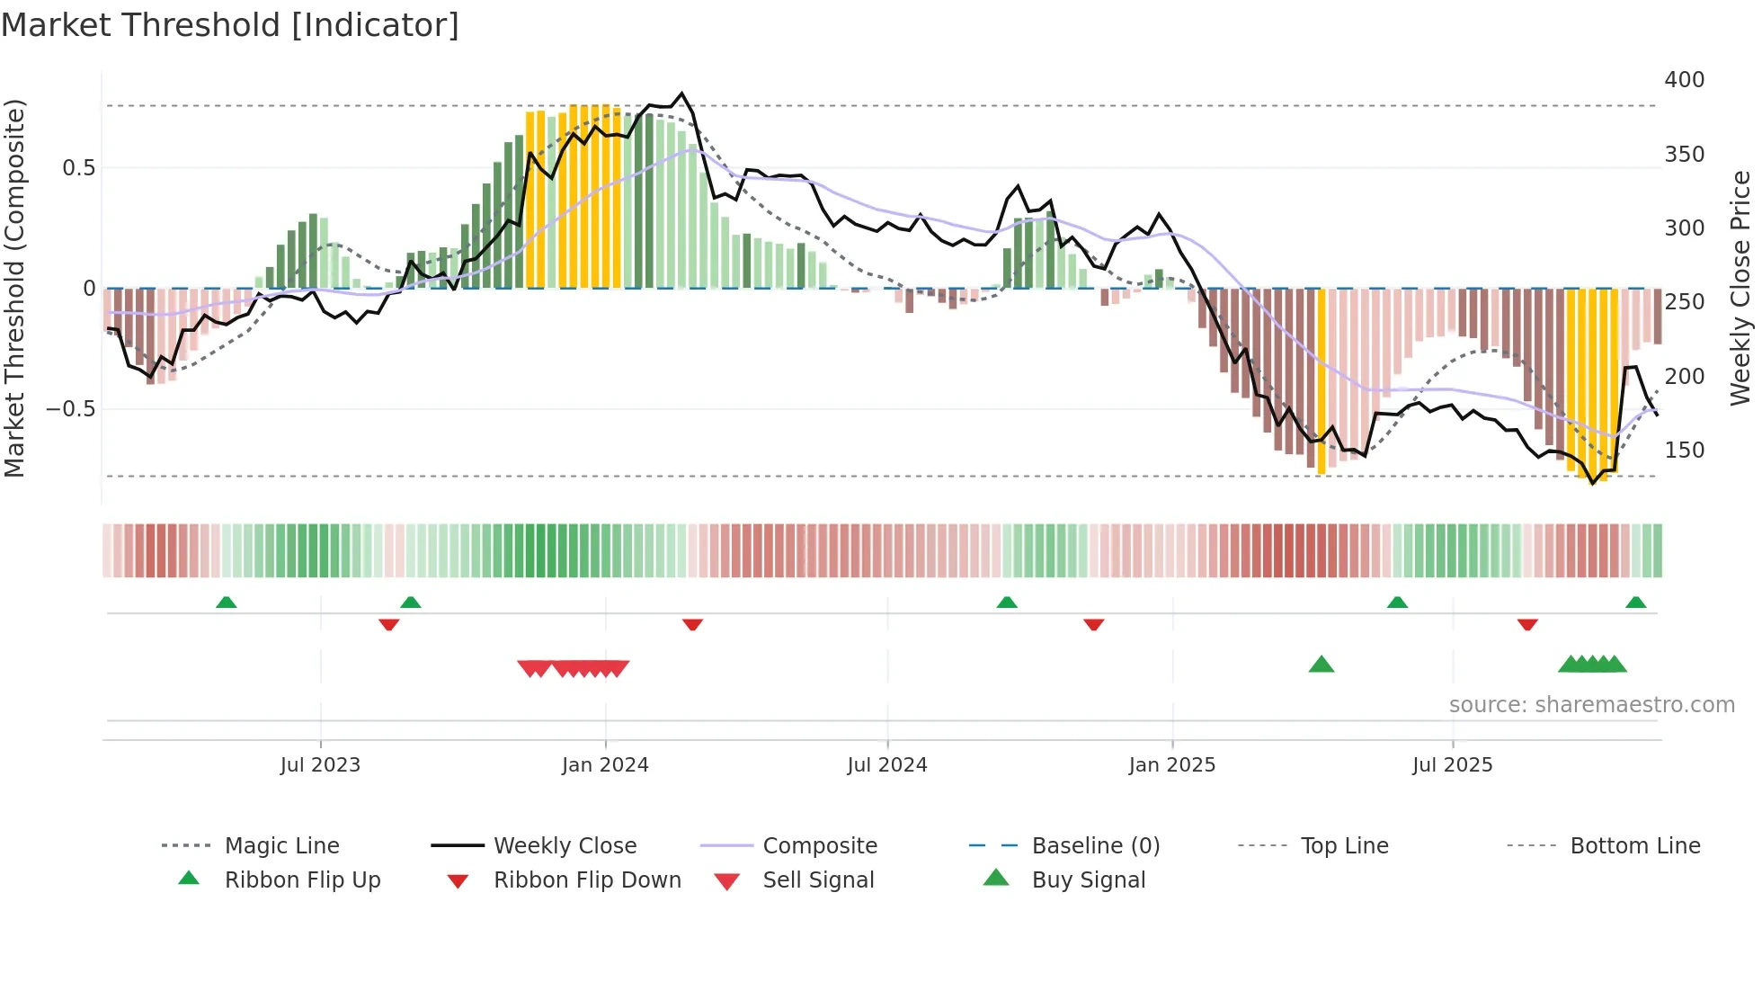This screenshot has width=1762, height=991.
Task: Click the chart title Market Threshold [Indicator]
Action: click(230, 25)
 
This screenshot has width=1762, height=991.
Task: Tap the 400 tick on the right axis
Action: click(1684, 80)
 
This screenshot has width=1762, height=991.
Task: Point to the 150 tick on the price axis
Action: click(1684, 451)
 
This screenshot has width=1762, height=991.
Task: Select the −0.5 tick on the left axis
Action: click(71, 409)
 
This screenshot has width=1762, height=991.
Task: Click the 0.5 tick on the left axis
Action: click(78, 168)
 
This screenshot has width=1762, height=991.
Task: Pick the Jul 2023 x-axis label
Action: click(320, 765)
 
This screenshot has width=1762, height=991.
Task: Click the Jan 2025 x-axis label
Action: click(1171, 765)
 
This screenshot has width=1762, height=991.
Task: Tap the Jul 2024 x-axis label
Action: click(886, 765)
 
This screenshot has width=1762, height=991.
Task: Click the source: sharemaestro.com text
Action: click(1591, 705)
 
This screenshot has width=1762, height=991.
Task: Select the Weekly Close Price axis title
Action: click(1740, 288)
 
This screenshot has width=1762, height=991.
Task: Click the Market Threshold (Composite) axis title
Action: click(14, 288)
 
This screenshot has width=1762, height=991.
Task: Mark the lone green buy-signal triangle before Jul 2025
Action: click(1321, 665)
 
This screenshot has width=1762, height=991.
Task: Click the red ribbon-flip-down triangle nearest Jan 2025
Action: click(1093, 624)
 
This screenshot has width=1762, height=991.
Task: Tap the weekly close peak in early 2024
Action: click(681, 94)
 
